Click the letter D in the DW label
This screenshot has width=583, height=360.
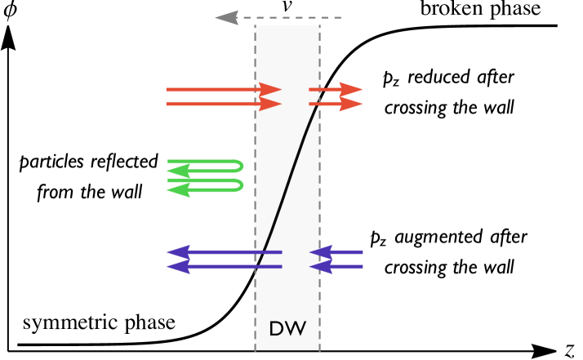pyautogui.click(x=276, y=329)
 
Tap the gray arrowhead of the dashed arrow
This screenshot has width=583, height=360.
pyautogui.click(x=225, y=17)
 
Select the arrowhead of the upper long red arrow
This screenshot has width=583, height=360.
pyautogui.click(x=271, y=89)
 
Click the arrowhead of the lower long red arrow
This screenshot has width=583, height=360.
pyautogui.click(x=271, y=104)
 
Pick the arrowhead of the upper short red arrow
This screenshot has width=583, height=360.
pyautogui.click(x=352, y=89)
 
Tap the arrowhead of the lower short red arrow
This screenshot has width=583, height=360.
pyautogui.click(x=352, y=104)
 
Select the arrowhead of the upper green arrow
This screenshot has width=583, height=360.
pyautogui.click(x=177, y=171)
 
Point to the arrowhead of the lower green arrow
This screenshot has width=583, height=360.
pyautogui.click(x=177, y=190)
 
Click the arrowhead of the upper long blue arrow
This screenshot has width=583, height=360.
pyautogui.click(x=177, y=252)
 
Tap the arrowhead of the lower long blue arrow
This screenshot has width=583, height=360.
pyautogui.click(x=177, y=266)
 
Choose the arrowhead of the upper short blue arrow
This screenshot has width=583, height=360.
pyautogui.click(x=319, y=252)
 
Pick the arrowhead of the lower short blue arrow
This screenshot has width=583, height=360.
pyautogui.click(x=319, y=266)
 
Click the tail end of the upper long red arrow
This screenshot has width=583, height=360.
pyautogui.click(x=167, y=89)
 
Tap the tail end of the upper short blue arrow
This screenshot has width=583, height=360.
pyautogui.click(x=362, y=252)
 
